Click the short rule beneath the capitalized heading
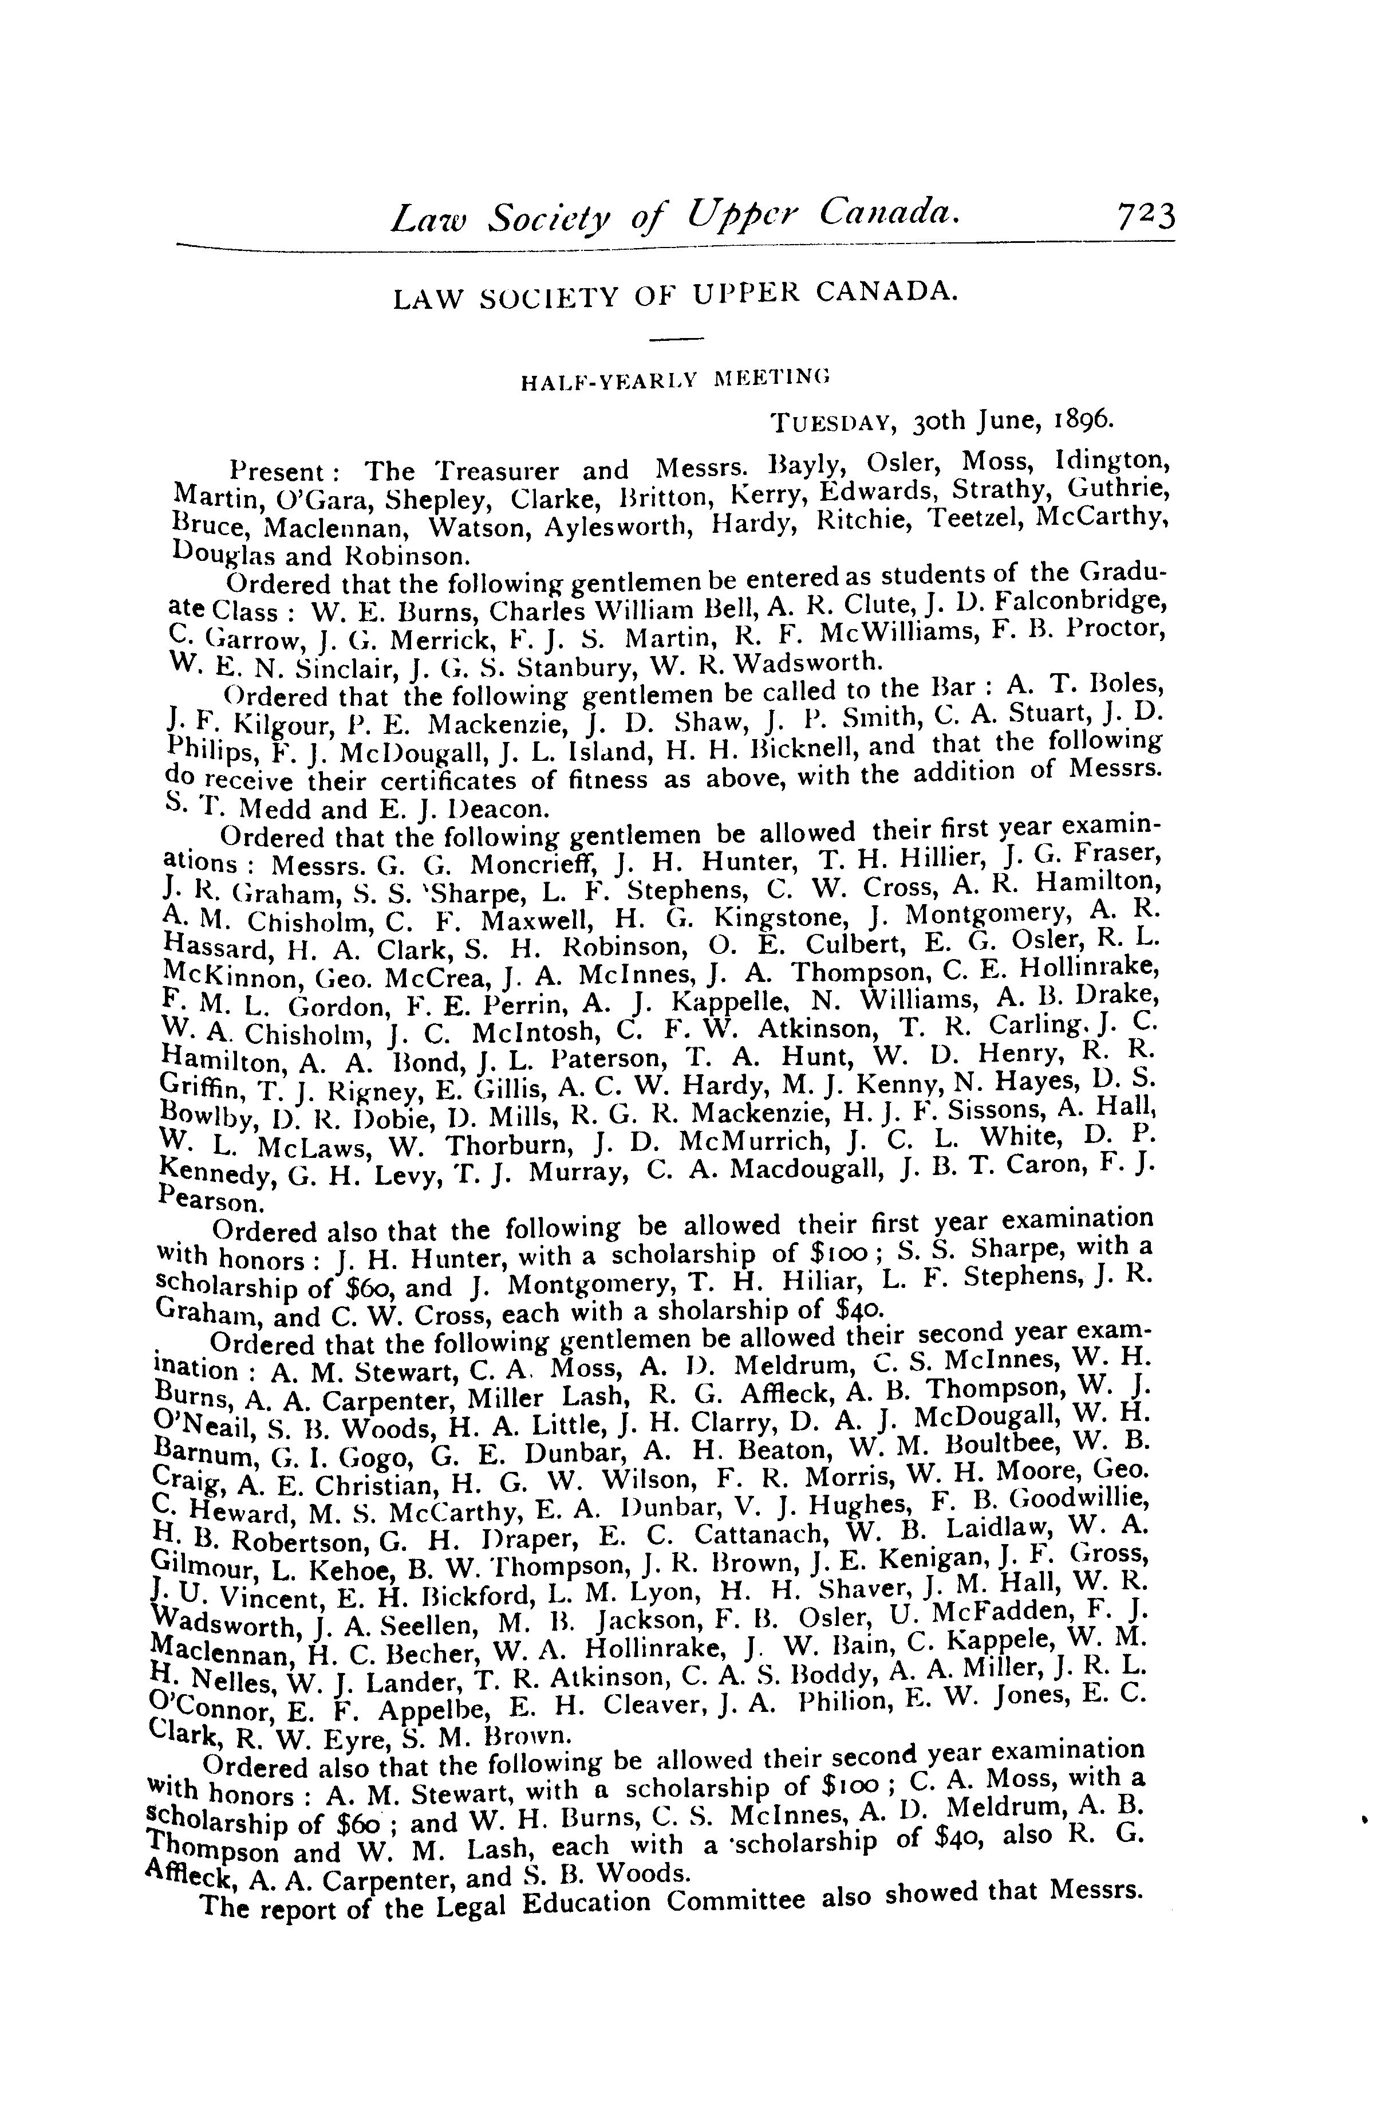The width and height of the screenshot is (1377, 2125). [x=676, y=339]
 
